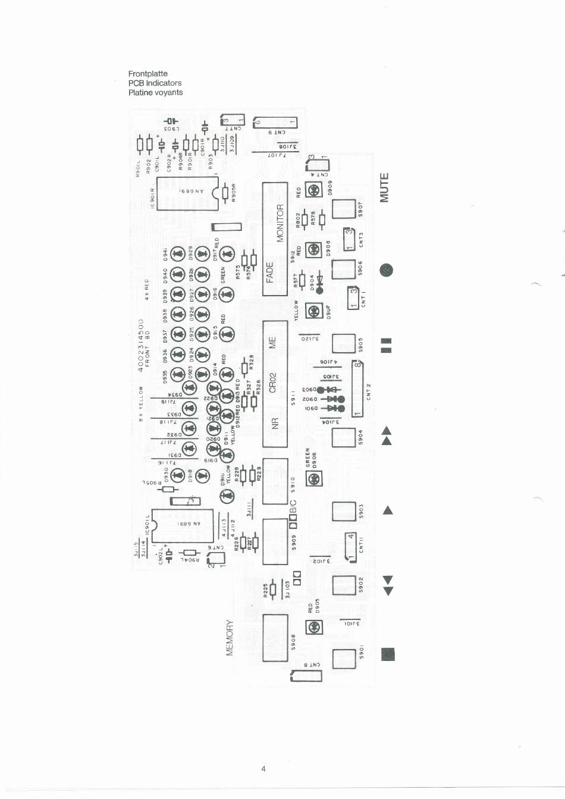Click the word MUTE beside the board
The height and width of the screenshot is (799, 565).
click(x=385, y=187)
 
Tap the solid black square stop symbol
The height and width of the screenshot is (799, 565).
click(x=388, y=654)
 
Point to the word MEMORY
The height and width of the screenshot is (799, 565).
click(x=230, y=637)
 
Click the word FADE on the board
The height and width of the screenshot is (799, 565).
click(x=270, y=273)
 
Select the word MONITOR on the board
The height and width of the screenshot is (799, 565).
click(x=281, y=222)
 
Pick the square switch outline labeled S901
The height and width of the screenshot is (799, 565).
click(x=343, y=659)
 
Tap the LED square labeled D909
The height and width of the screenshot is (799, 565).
click(x=313, y=190)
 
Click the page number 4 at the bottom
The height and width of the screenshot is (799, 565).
click(x=263, y=769)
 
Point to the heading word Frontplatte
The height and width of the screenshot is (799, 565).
click(x=147, y=74)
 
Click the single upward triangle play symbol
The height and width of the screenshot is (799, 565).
click(x=388, y=510)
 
